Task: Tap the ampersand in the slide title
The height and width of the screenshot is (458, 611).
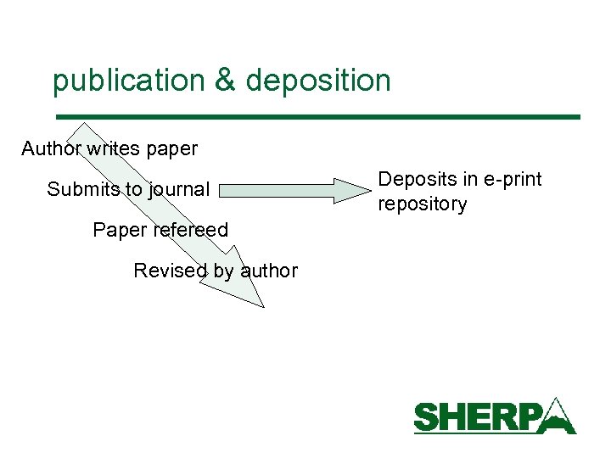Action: point(224,81)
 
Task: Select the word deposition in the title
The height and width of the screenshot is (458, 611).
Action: point(318,81)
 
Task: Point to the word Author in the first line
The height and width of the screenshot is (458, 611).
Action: point(52,149)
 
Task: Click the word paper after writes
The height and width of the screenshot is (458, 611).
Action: point(172,150)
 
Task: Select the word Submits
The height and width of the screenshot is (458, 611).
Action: point(83,189)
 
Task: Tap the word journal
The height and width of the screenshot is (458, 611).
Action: point(179,190)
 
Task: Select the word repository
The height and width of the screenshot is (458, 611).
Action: point(422,204)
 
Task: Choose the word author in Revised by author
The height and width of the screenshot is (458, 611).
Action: point(269,271)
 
